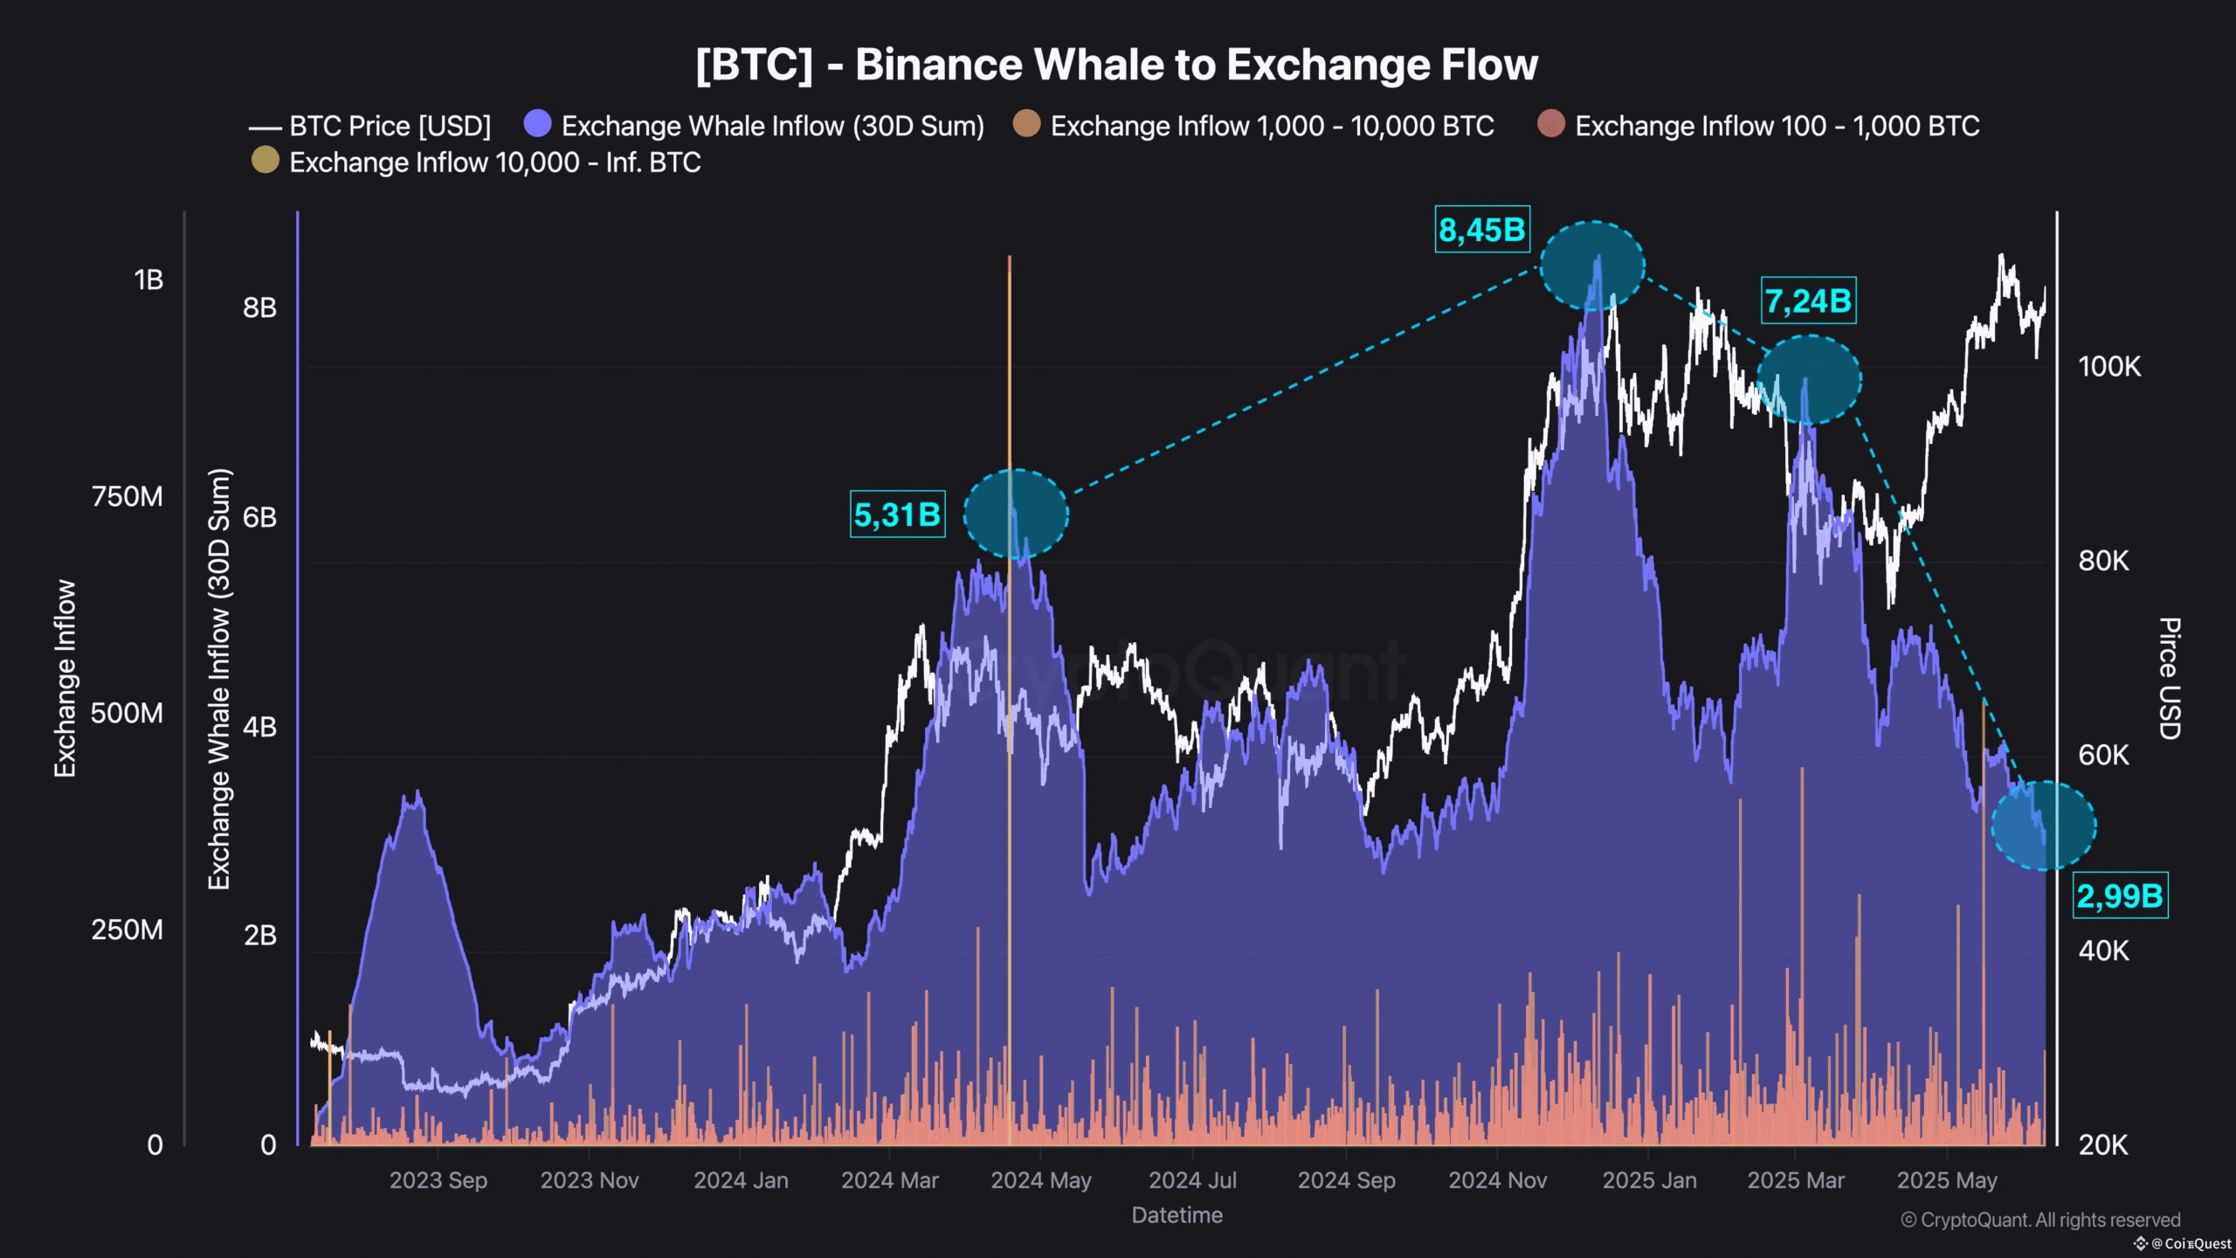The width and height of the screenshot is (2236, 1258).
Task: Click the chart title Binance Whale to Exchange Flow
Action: point(1116,65)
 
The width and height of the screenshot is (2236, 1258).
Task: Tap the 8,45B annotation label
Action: point(1481,230)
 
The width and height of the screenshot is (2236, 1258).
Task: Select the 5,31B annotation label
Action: point(897,515)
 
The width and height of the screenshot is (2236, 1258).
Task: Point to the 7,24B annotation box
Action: point(1808,301)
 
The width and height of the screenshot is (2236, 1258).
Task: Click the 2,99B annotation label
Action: point(2120,895)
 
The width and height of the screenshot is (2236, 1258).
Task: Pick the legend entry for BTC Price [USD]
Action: point(370,127)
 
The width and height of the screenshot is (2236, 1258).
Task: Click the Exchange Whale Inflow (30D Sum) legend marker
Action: point(538,124)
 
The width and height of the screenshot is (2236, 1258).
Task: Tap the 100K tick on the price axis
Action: point(2109,367)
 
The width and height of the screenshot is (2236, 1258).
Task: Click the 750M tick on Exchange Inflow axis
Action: point(128,496)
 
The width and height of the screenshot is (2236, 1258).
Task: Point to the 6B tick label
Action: point(259,517)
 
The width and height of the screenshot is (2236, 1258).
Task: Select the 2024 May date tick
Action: point(1040,1180)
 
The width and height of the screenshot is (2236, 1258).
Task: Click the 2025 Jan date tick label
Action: point(1649,1180)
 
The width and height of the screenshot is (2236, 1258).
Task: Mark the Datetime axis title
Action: point(1177,1215)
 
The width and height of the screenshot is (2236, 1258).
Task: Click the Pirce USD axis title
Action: point(2169,678)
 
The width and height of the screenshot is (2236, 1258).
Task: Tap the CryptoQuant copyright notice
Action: point(2040,1220)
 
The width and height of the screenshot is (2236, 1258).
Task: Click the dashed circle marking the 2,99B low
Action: point(2043,826)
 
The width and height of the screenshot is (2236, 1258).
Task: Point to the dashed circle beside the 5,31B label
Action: point(1016,514)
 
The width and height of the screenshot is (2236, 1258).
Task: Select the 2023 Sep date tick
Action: point(438,1180)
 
